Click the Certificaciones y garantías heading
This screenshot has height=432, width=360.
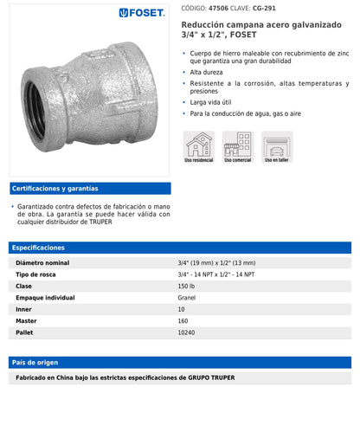[55, 188]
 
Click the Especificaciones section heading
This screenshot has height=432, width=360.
[38, 248]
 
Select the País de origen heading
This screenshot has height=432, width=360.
[36, 362]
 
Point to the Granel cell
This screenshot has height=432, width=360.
[187, 297]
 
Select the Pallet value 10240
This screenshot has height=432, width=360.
[187, 332]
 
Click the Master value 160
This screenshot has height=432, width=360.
[183, 320]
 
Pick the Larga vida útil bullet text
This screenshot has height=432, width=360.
[211, 101]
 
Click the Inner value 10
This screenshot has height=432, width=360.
[182, 308]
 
